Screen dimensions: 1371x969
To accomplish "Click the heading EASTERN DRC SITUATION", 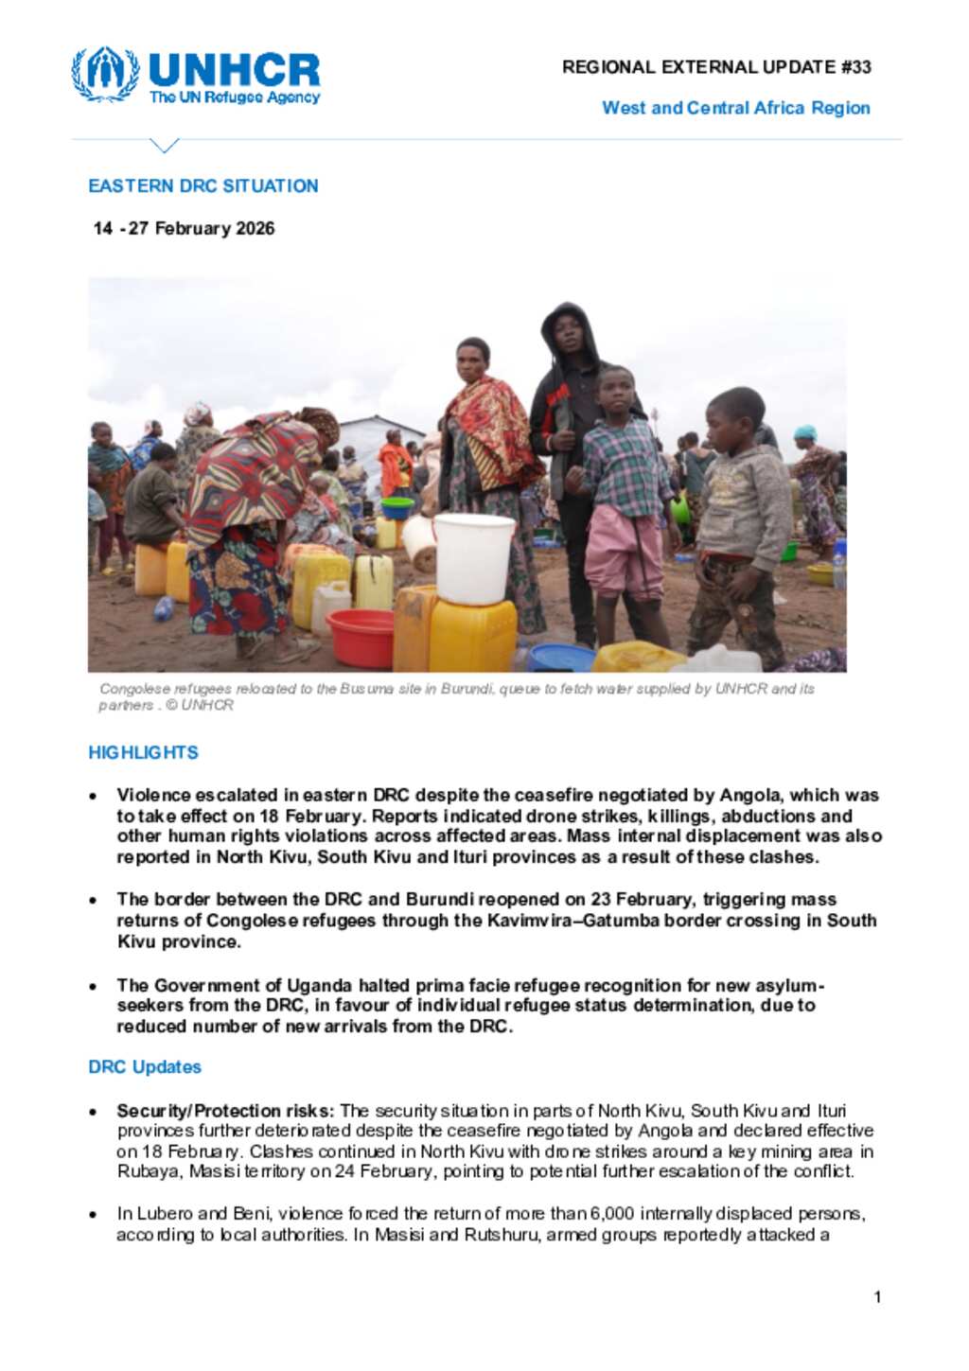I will click(203, 185).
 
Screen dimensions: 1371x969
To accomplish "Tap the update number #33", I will click(855, 67).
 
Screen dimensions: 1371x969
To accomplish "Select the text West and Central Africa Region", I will click(735, 108).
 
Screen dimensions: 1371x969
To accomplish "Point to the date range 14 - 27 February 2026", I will click(184, 228).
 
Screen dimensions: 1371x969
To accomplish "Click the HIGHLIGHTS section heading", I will click(143, 752).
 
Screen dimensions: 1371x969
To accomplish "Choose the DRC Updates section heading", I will click(145, 1066).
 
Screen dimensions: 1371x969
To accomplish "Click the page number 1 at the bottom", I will click(877, 1297).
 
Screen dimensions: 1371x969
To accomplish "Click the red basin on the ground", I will click(361, 636).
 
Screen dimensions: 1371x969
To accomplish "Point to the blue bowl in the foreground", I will click(560, 657).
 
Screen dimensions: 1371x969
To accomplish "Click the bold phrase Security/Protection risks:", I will click(225, 1110).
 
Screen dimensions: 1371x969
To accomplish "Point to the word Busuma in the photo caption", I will click(367, 689).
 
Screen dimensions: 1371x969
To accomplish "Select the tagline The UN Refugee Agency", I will click(235, 97).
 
